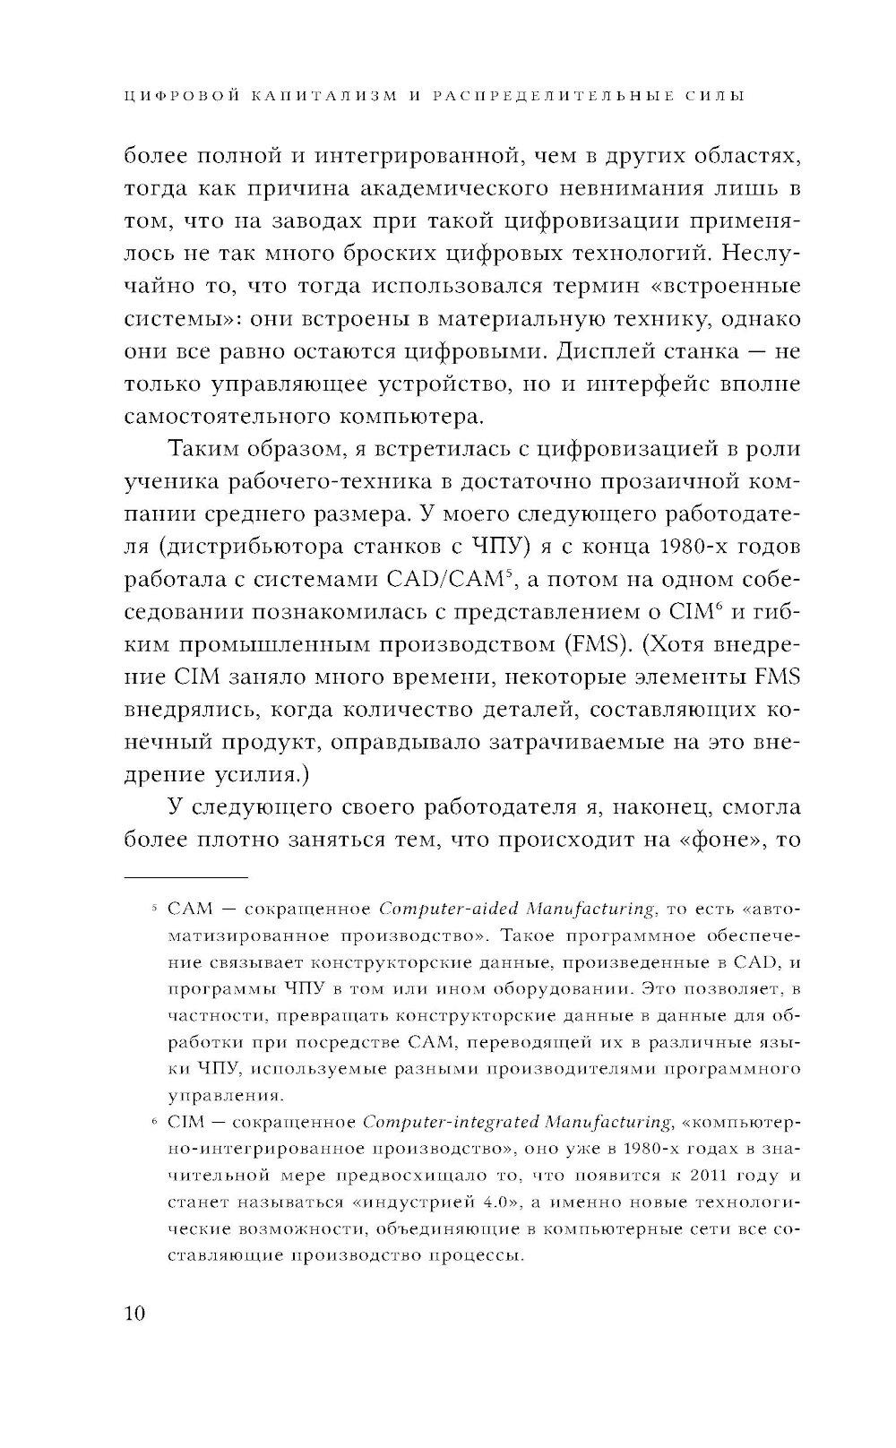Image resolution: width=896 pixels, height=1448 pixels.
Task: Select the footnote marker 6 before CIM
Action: [x=155, y=1122]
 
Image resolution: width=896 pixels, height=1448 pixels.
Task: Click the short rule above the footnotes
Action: [x=185, y=877]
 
